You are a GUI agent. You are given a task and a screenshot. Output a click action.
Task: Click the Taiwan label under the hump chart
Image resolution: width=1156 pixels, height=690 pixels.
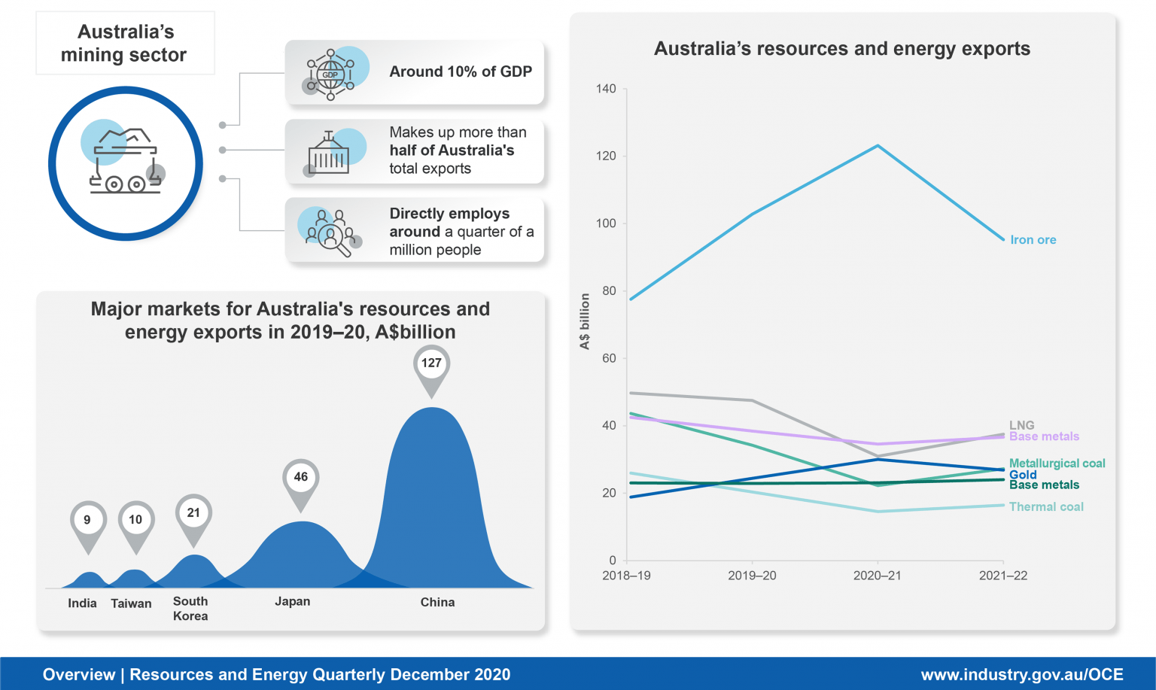[131, 603]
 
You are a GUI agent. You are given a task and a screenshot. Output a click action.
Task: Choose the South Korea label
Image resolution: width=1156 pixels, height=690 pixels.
[190, 609]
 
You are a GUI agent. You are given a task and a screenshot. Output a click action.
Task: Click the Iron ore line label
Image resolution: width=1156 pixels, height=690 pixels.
[1033, 240]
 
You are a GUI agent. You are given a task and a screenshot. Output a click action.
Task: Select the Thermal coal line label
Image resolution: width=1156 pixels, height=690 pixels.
[1046, 507]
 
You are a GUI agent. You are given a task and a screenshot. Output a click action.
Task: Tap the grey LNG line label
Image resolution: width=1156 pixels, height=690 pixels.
[1021, 425]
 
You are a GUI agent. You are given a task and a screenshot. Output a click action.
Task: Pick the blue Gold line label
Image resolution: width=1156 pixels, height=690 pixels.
[1023, 475]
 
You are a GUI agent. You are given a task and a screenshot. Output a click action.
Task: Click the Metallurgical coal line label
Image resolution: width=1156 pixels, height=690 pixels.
[1057, 464]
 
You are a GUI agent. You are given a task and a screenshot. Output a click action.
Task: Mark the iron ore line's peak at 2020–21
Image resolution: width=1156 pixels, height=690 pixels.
[878, 146]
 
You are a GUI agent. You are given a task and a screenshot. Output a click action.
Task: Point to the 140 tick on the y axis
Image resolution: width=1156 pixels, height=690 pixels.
[606, 89]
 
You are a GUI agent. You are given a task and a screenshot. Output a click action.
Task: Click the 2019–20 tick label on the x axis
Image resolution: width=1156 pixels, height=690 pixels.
[752, 576]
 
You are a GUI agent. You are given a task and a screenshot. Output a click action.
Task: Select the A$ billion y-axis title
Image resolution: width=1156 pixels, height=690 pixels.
[585, 321]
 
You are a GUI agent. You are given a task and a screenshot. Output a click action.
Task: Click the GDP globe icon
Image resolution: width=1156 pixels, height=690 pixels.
[330, 74]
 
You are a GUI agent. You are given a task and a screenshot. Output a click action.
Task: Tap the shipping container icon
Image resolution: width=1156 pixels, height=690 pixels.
[329, 154]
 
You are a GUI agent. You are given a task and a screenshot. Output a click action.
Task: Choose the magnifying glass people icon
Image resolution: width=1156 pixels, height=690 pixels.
[330, 233]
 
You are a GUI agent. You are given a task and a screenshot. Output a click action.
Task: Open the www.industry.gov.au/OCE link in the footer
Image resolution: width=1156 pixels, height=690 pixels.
[1021, 675]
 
